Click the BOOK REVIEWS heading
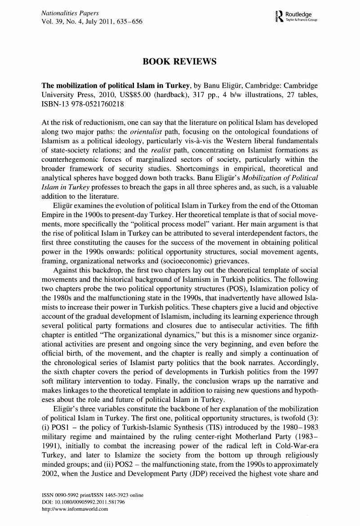point(179,62)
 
